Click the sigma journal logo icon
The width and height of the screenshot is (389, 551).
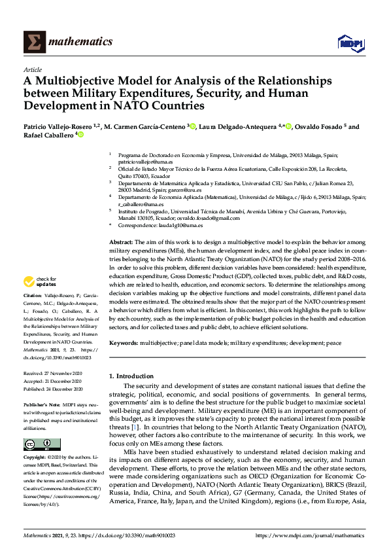pyautogui.click(x=32, y=43)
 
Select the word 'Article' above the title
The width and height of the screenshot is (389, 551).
pyautogui.click(x=32, y=69)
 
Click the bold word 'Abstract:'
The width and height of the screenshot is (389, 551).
pyautogui.click(x=122, y=241)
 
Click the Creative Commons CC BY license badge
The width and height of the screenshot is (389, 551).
pyautogui.click(x=33, y=444)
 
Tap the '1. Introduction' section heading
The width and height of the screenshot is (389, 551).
pyautogui.click(x=133, y=376)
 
